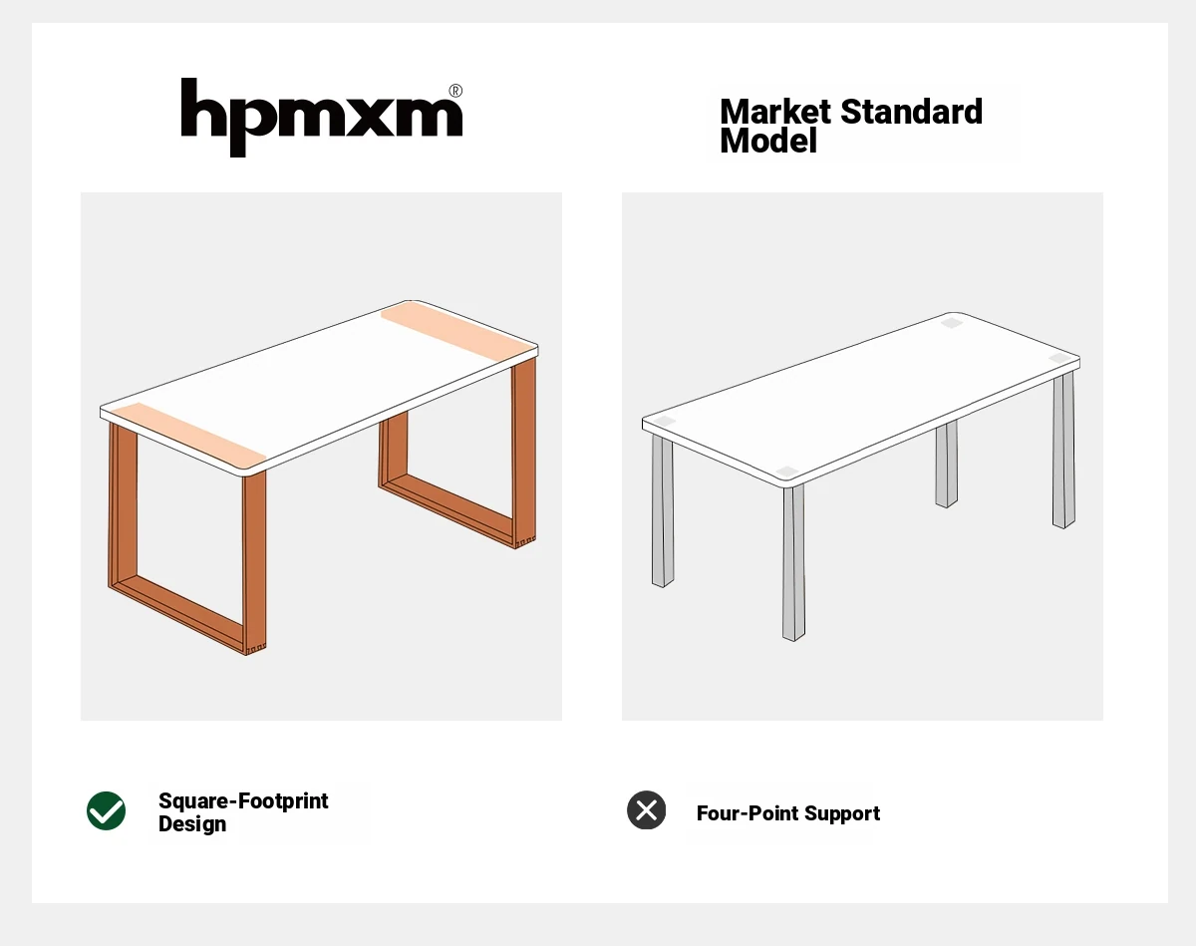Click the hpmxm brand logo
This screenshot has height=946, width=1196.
pos(321,118)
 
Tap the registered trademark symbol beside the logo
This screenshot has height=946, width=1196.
pos(455,91)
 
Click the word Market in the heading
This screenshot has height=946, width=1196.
pos(775,112)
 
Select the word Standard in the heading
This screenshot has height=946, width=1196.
pos(911,112)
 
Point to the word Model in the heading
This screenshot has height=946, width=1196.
pos(768,141)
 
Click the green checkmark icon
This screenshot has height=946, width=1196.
pos(107,811)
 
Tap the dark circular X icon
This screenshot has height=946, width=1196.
pos(647,809)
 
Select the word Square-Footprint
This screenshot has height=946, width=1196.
pos(243,800)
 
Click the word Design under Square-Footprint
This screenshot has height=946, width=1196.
pos(192,823)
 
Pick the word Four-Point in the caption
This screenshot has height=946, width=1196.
pos(747,813)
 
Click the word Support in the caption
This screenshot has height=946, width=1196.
pos(842,814)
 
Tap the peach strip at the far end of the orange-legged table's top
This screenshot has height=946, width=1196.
pos(457,331)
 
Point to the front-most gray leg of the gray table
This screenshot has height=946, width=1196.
pos(793,563)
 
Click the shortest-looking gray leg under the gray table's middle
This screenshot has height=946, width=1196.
pos(946,465)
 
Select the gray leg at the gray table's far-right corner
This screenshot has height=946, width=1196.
pos(1063,451)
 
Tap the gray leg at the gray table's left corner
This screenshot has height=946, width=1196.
pos(663,511)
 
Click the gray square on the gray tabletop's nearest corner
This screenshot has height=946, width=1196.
pos(787,472)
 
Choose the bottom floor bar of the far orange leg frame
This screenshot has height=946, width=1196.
pos(448,509)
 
